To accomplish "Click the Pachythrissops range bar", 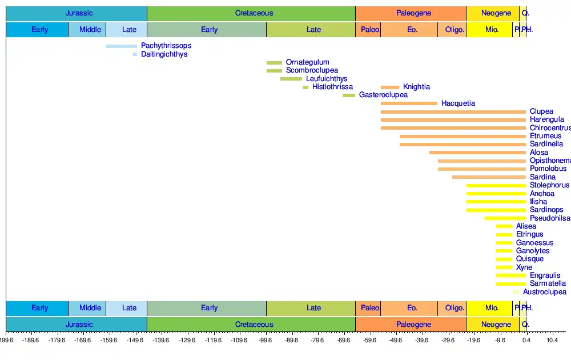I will (122, 46).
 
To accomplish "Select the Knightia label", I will (416, 87).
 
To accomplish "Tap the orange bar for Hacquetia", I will (409, 103).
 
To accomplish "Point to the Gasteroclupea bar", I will (348, 95).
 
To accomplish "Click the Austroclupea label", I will (544, 292).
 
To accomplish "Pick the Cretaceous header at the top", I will (254, 13).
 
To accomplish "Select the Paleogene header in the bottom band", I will (413, 325).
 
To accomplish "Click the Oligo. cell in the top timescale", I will (455, 30).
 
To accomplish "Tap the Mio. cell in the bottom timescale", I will (492, 308).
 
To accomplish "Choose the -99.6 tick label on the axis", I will (266, 341).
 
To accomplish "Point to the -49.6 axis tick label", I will (396, 341).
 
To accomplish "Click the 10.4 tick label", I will (552, 341).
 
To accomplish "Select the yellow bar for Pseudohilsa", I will (505, 218).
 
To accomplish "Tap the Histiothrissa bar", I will (305, 87).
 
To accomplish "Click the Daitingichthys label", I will (164, 54).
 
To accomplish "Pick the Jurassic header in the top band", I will (79, 13).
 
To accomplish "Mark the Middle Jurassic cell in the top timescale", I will (90, 30).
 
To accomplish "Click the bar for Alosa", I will (477, 153).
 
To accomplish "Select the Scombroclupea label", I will (312, 70).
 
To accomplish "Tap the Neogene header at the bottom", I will (496, 325).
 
